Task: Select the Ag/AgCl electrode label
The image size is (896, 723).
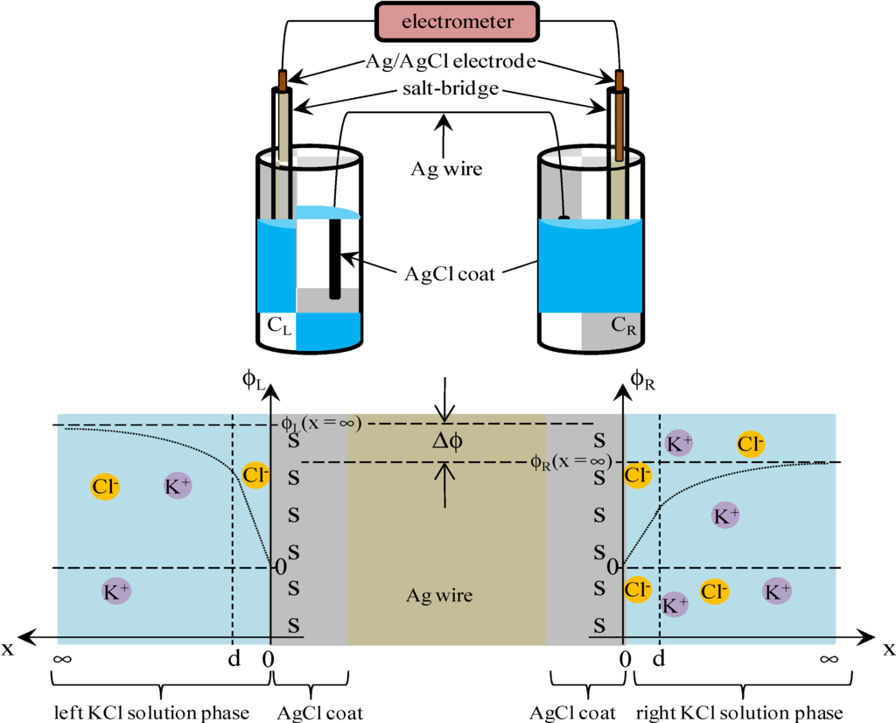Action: click(x=450, y=63)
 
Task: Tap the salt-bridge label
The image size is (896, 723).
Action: click(x=450, y=89)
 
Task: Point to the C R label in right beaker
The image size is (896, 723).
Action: click(x=623, y=326)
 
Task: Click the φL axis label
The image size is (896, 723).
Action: click(x=255, y=382)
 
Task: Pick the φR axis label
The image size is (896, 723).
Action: click(x=644, y=382)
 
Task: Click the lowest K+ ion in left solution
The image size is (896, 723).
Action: click(x=116, y=592)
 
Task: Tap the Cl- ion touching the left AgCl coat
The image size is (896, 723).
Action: click(x=255, y=474)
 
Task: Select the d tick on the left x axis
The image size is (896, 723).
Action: click(x=233, y=657)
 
